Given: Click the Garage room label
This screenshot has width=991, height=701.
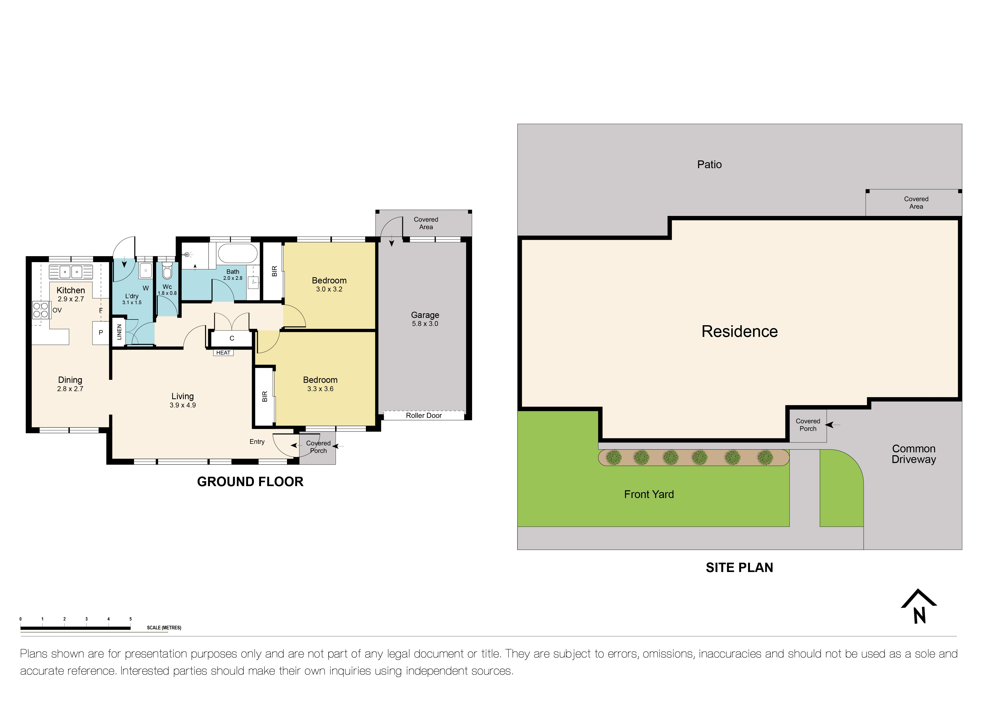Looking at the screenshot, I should [x=425, y=315].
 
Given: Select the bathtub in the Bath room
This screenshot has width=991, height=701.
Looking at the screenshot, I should [x=237, y=253].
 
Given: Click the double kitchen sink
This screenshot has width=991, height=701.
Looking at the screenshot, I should [x=71, y=272].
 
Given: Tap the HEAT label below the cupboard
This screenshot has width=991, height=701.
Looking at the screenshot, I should [x=223, y=353].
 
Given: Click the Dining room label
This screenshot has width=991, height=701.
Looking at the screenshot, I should [x=70, y=380].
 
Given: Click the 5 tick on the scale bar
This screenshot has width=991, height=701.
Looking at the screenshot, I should [x=130, y=619].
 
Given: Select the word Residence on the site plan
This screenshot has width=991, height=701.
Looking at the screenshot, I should [x=739, y=331].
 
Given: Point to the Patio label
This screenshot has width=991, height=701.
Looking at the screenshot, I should [x=709, y=165].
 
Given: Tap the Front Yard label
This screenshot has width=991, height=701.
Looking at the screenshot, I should [x=649, y=494].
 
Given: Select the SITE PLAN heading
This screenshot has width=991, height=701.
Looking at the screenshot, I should [x=739, y=568].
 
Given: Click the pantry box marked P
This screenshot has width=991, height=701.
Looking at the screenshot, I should [x=101, y=332].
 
